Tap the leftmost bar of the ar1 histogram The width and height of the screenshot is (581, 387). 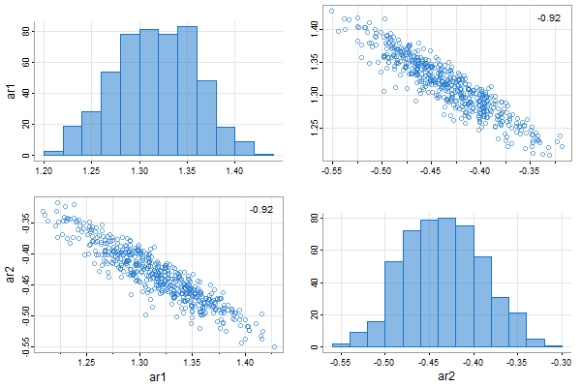pyautogui.click(x=53, y=153)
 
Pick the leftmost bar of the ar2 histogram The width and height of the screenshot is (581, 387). pyautogui.click(x=340, y=344)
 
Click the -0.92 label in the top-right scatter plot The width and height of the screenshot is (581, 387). pyautogui.click(x=549, y=17)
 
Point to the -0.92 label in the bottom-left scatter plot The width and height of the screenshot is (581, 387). pyautogui.click(x=260, y=209)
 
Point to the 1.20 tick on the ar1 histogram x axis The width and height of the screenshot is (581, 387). pyautogui.click(x=44, y=170)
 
